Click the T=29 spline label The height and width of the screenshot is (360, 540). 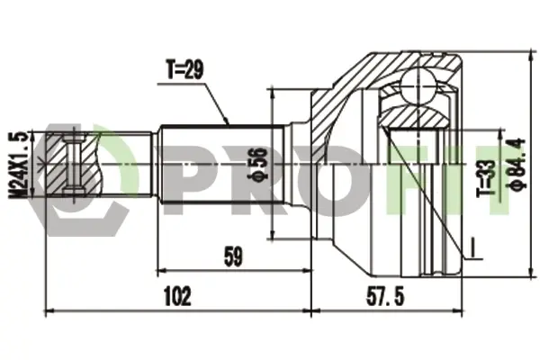tap(184, 69)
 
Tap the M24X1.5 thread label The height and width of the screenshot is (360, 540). tap(18, 166)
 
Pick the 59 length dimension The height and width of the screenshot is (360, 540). tap(233, 256)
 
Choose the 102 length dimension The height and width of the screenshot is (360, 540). tap(177, 296)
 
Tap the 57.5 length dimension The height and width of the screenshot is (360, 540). tap(385, 296)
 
